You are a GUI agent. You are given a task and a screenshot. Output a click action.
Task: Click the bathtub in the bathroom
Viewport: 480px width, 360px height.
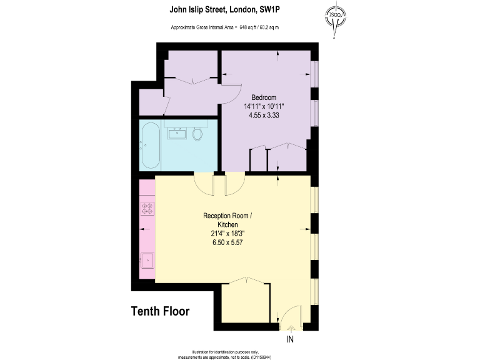coord(150,146)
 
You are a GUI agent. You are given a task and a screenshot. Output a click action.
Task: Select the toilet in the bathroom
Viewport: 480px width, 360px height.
coord(197,134)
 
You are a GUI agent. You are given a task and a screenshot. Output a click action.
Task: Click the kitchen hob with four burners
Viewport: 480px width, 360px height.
coord(147,208)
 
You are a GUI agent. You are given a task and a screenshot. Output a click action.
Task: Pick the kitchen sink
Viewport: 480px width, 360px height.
coord(147,259)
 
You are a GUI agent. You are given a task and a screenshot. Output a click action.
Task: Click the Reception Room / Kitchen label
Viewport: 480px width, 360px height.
coord(227,220)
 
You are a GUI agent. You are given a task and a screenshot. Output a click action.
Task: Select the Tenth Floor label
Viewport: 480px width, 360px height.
coord(160,311)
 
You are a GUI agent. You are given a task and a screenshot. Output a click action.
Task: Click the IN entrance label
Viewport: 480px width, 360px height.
coord(289,340)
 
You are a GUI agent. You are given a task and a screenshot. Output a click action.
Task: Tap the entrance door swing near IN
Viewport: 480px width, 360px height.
coord(289,319)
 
